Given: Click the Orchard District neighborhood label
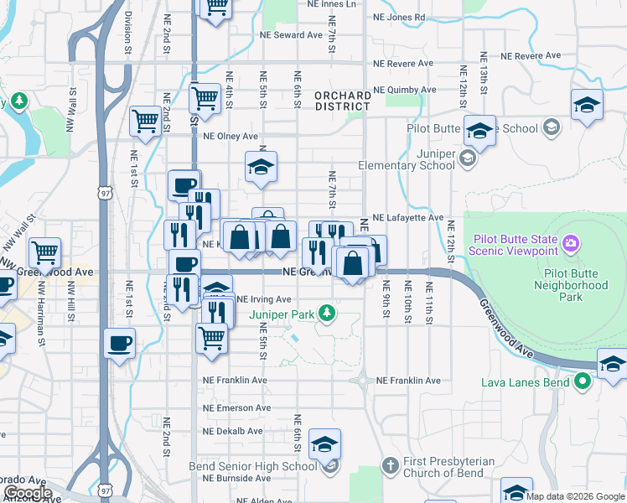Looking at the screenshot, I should (342, 101).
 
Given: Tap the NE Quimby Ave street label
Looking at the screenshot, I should (404, 90).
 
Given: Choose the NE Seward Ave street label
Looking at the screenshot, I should (291, 35).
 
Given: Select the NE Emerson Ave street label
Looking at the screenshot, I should (236, 407).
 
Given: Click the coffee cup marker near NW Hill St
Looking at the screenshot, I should (119, 343).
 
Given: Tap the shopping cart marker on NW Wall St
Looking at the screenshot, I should (44, 251).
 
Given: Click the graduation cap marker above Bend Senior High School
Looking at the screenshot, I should (324, 444).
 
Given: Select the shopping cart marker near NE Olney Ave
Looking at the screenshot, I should (146, 121).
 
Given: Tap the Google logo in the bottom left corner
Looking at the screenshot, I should (27, 493).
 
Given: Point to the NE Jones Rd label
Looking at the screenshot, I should (399, 17).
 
